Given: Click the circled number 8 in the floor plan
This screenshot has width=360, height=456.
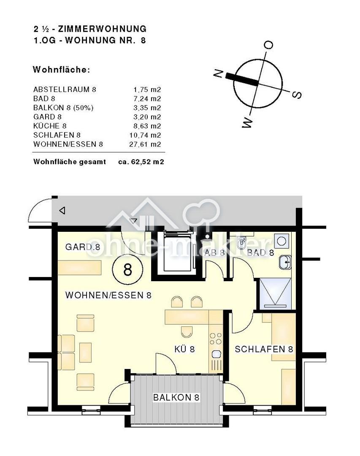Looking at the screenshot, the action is [127, 269].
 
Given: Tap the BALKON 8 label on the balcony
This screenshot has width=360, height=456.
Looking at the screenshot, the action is [176, 397].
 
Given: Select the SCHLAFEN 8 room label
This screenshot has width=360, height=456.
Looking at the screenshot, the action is [264, 349].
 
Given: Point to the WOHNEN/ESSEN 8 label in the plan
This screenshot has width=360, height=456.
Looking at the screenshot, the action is [108, 295].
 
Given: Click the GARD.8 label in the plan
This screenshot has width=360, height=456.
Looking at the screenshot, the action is [83, 247].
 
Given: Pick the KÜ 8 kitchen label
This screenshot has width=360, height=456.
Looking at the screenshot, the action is [184, 349].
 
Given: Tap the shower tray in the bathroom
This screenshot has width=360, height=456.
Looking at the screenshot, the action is [275, 293].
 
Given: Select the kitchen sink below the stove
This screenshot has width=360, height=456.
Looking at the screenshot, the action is [216, 354].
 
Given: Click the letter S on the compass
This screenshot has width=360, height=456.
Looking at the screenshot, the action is [297, 95].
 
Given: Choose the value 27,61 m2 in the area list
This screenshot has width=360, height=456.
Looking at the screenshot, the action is [145, 144].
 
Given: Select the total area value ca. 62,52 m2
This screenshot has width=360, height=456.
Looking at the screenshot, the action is [141, 162].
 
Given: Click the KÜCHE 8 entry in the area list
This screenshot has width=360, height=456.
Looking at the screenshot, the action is [50, 126].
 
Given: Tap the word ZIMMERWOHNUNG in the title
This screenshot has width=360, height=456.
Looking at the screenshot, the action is [103, 29].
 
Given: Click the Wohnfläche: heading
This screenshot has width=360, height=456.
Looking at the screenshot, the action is [61, 70].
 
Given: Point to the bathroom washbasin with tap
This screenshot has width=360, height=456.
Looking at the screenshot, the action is [285, 262].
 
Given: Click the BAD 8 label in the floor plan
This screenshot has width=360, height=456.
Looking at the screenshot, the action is [260, 252].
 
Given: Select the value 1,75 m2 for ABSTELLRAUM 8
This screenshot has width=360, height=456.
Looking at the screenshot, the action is [147, 89].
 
